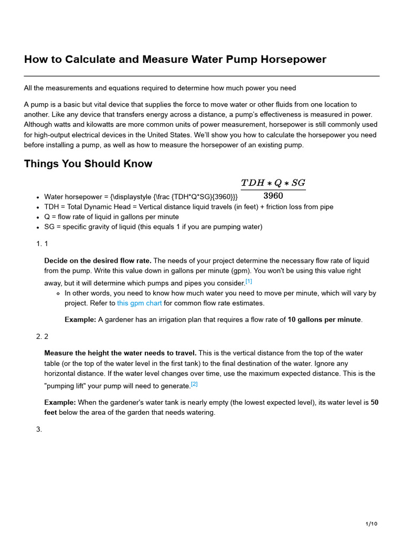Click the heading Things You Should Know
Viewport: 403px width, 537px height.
88,164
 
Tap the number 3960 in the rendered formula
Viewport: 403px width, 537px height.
273,196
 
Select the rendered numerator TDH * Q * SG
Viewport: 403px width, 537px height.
273,183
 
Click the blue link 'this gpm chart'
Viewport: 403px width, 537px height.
139,303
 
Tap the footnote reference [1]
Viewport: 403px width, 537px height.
249,281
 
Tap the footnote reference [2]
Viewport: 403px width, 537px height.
194,384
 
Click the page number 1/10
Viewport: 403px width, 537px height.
371,524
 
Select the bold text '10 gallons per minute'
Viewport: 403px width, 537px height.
324,319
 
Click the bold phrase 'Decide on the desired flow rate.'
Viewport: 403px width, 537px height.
98,261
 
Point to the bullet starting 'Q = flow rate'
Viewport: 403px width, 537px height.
111,217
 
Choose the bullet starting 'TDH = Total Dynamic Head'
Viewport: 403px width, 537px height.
189,207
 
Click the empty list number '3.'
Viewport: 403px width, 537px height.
39,429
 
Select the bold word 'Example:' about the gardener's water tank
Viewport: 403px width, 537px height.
60,402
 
